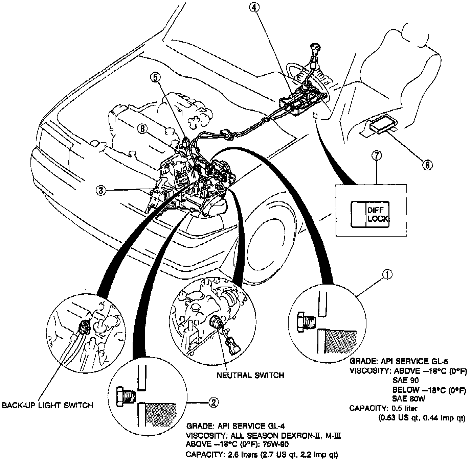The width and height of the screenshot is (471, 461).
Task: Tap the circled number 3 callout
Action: click(x=100, y=190)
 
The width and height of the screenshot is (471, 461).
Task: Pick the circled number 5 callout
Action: click(x=155, y=77)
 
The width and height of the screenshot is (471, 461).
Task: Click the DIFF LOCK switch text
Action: click(x=377, y=214)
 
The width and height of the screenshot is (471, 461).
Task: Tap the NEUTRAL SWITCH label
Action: click(x=250, y=375)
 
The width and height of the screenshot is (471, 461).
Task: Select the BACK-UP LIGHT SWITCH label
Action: click(x=48, y=405)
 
